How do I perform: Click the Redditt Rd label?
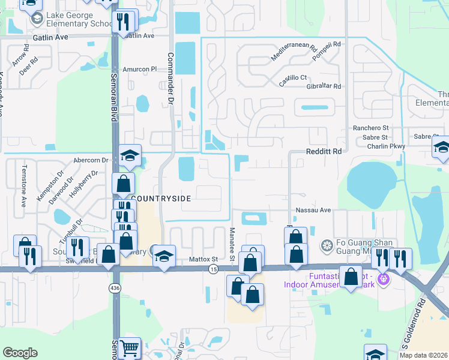(324, 152)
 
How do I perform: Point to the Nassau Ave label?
(313, 210)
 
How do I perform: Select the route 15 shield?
(214, 270)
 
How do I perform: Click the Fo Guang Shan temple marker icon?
(327, 245)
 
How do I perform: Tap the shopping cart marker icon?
(130, 348)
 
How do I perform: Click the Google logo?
(20, 353)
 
